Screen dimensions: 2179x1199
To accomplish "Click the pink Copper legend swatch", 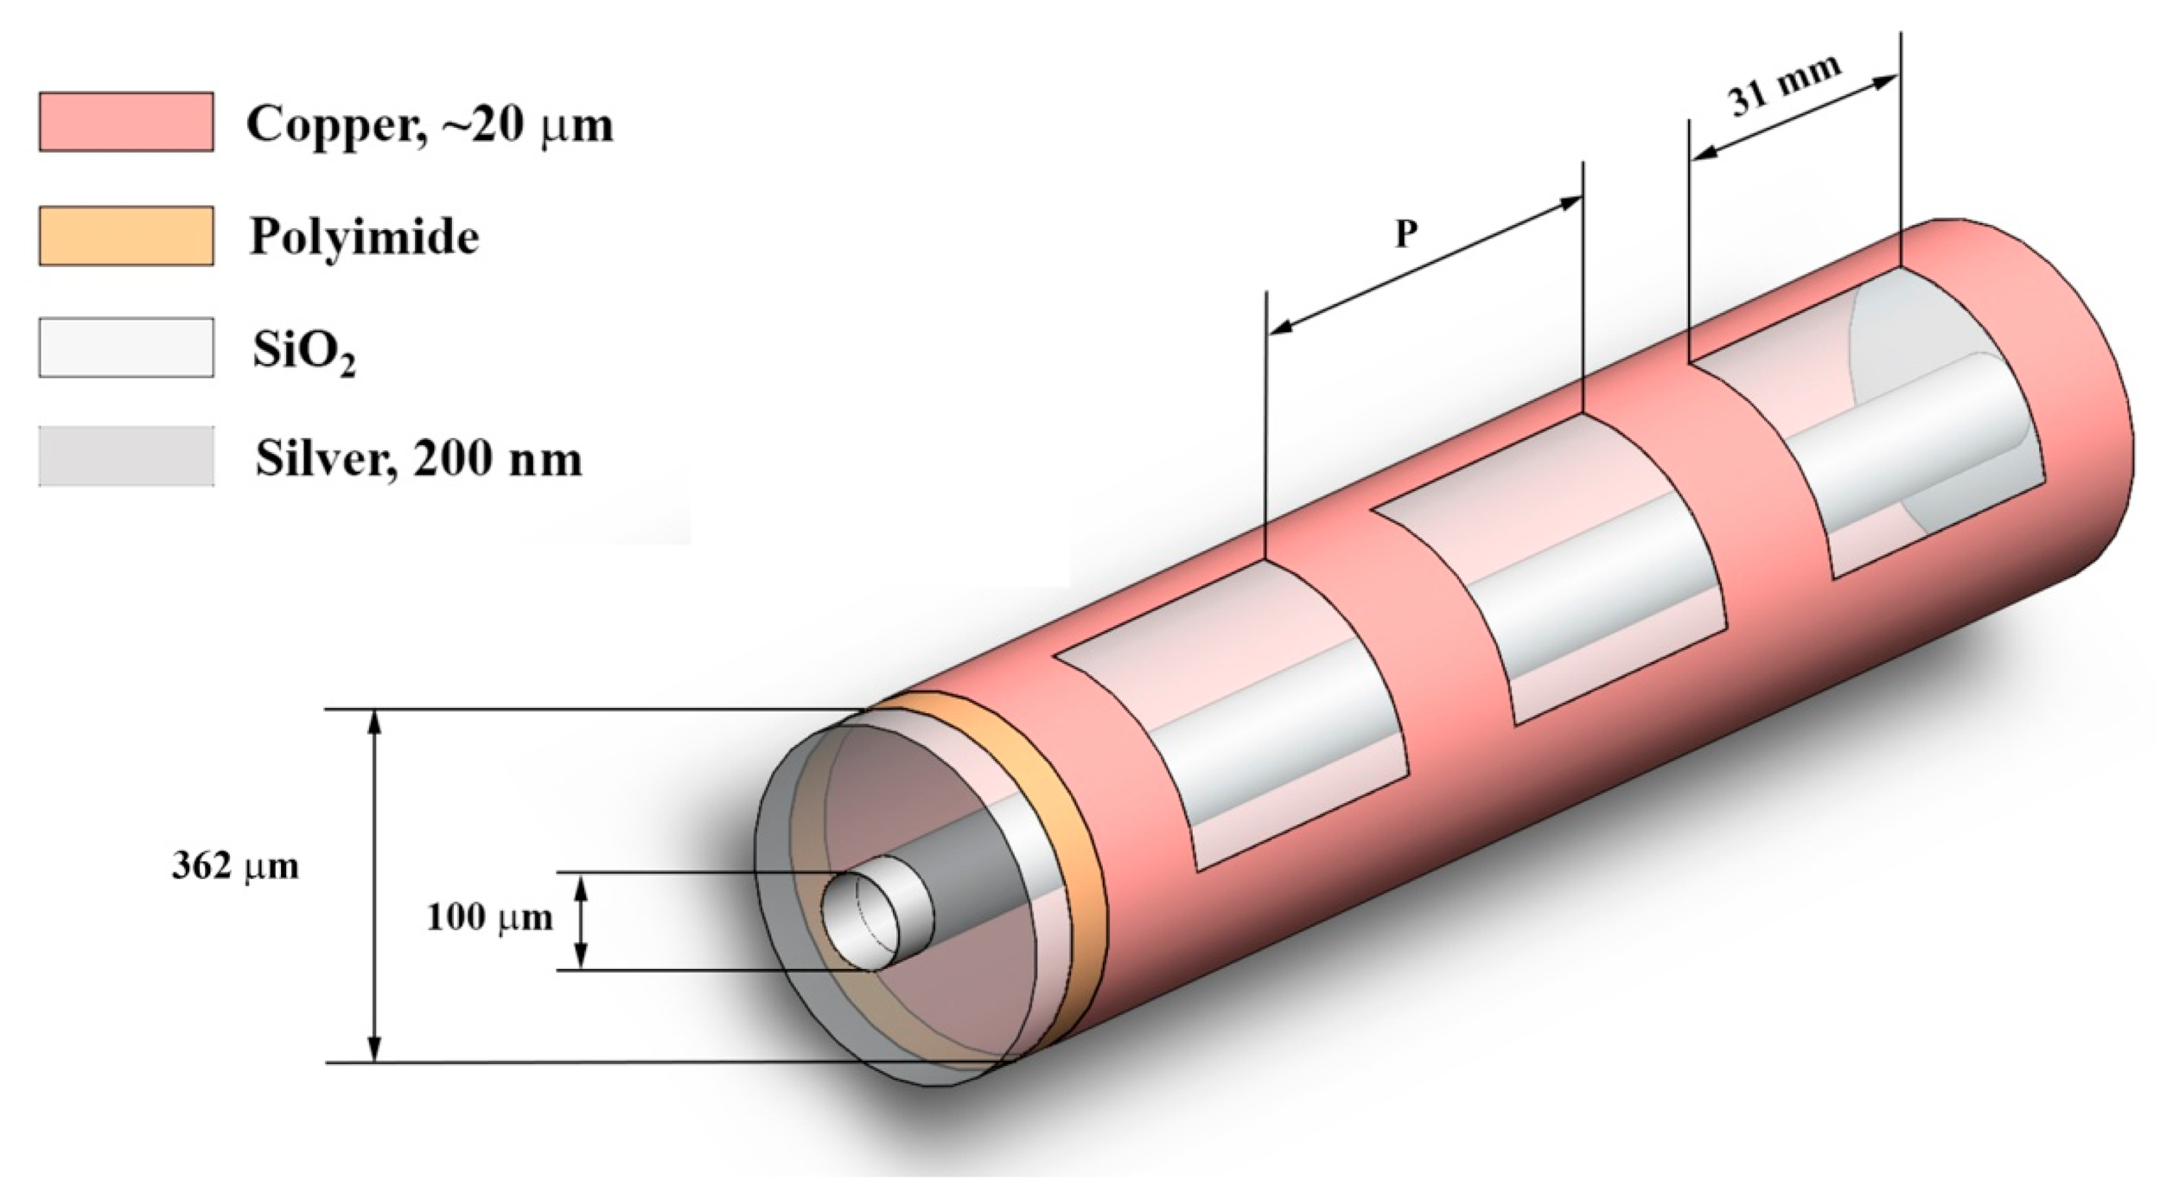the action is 126,122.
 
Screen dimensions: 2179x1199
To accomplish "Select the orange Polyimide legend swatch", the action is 126,235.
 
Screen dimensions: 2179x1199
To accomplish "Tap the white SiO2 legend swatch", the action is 126,348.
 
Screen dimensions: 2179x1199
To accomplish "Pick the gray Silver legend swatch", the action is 126,456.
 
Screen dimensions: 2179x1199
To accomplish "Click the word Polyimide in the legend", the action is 364,236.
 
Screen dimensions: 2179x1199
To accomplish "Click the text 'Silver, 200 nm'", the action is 418,459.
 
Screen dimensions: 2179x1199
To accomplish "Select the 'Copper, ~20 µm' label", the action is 430,124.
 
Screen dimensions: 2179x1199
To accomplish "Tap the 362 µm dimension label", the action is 235,866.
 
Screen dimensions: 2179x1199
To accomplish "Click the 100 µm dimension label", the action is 489,917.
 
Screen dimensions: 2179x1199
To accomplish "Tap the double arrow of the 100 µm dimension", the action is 581,922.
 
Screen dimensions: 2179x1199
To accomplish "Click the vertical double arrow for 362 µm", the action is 374,885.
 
